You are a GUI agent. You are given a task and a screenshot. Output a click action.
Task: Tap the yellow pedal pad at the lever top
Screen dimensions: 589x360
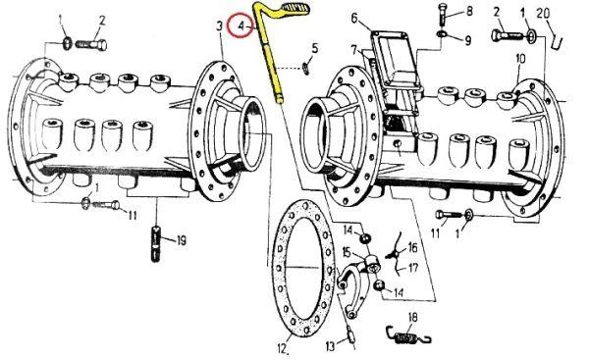click(295, 7)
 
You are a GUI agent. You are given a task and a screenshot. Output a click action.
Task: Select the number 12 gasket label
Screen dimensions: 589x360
click(283, 349)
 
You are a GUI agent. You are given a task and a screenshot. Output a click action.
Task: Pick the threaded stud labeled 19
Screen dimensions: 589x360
click(156, 243)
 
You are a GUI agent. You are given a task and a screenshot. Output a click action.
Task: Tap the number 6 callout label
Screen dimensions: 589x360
click(354, 18)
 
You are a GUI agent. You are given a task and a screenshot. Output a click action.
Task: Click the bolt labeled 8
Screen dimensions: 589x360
click(442, 15)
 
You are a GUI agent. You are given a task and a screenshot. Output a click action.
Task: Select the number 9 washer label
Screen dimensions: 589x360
click(467, 40)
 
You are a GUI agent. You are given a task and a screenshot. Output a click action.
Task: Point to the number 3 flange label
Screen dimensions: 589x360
click(219, 26)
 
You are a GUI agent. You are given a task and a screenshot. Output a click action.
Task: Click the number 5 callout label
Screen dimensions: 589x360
click(315, 48)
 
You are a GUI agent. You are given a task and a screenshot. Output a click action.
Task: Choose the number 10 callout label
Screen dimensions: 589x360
click(520, 59)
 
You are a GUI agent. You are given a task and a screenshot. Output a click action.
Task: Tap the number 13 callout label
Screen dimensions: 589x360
click(330, 346)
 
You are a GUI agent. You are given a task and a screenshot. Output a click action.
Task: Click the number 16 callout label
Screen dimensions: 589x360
click(412, 248)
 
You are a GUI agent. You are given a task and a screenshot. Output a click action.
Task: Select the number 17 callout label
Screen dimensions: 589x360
click(413, 268)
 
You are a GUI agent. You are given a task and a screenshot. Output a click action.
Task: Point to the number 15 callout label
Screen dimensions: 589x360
click(346, 252)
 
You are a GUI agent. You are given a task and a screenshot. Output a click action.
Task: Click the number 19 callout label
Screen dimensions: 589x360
click(182, 240)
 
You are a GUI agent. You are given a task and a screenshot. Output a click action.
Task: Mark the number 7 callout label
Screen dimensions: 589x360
click(353, 49)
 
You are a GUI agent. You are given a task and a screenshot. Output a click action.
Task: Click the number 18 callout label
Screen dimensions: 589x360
click(412, 317)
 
